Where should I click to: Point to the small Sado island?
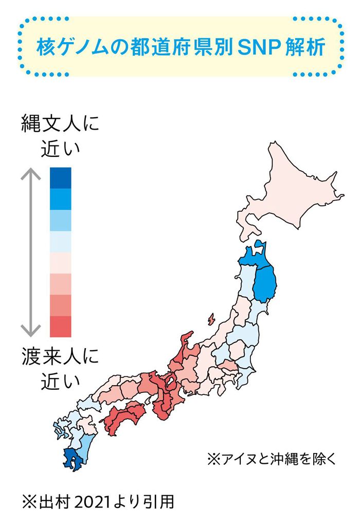[211, 320]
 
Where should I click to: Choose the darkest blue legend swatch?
[61, 177]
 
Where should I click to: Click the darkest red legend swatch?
[61, 327]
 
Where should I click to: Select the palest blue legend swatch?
[61, 241]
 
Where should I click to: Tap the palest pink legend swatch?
[61, 262]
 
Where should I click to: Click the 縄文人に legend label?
[60, 125]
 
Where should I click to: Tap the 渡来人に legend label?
[60, 357]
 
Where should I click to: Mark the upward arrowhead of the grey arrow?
[30, 175]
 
